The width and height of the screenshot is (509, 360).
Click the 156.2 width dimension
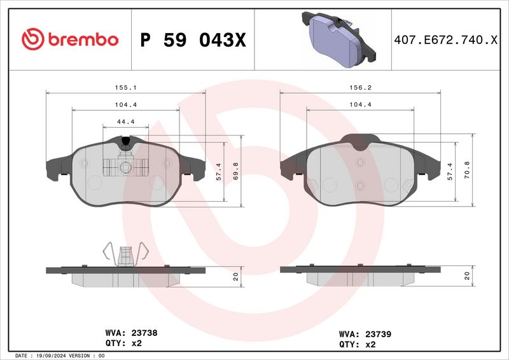point(360,88)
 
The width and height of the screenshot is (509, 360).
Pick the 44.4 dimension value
point(125,121)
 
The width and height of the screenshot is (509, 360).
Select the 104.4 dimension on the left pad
point(125,104)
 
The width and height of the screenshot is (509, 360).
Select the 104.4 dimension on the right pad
point(360,104)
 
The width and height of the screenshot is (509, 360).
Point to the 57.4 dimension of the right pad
point(450,170)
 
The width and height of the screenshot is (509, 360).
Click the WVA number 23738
point(144,332)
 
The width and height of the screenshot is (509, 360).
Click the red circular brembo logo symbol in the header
point(31,39)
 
